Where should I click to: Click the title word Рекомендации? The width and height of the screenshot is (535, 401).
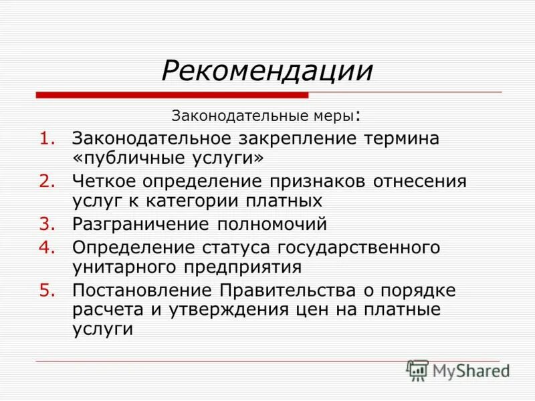[266, 71]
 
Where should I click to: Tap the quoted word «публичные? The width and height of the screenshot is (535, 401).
[122, 158]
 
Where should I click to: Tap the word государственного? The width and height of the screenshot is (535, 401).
[357, 249]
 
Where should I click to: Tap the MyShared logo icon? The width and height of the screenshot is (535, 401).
[417, 370]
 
